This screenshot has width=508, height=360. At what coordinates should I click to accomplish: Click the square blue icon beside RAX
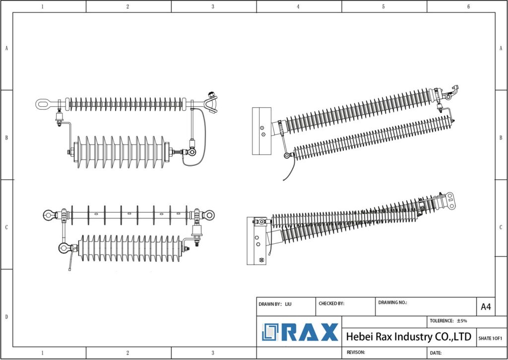pyautogui.click(x=271, y=332)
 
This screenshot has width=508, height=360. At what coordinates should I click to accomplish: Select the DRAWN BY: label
pyautogui.click(x=270, y=303)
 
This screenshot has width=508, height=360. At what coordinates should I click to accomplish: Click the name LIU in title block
pyautogui.click(x=288, y=303)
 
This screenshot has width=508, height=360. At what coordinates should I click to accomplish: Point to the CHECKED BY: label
pyautogui.click(x=331, y=303)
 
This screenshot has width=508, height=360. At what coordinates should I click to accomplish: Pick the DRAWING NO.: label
pyautogui.click(x=392, y=302)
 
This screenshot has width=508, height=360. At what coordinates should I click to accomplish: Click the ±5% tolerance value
pyautogui.click(x=462, y=321)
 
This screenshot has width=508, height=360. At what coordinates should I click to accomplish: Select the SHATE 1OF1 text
pyautogui.click(x=490, y=338)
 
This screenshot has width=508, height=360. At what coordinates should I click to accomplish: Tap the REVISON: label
pyautogui.click(x=356, y=352)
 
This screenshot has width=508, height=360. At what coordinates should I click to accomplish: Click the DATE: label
pyautogui.click(x=436, y=353)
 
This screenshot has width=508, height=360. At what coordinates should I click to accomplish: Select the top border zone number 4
pyautogui.click(x=298, y=6)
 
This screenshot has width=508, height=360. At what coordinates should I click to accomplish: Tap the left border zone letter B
pyautogui.click(x=6, y=138)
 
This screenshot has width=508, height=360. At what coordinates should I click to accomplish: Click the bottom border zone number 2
pyautogui.click(x=127, y=353)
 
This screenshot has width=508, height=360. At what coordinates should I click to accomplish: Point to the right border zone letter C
pyautogui.click(x=502, y=227)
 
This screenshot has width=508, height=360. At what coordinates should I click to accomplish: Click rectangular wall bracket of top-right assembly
pyautogui.click(x=261, y=131)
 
